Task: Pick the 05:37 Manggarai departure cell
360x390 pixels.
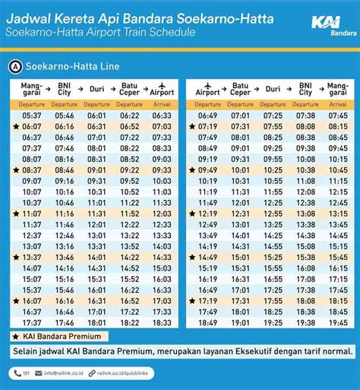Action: [32, 116]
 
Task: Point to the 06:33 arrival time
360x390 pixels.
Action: [162, 116]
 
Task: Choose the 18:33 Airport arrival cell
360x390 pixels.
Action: [162, 323]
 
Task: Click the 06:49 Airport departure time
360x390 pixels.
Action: [208, 116]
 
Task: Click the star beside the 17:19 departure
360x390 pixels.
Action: [192, 302]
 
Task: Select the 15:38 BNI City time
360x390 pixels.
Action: [306, 258]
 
